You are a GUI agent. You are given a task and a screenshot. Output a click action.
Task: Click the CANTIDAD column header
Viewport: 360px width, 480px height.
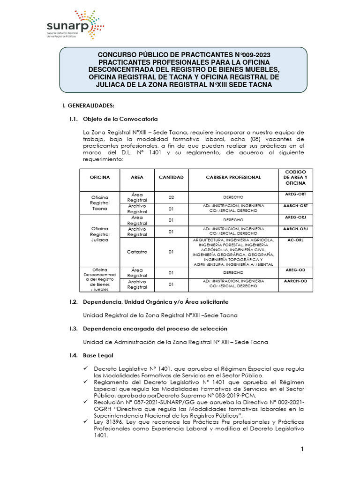(x=171, y=178)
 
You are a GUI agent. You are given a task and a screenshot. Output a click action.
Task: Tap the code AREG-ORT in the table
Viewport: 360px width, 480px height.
(x=296, y=194)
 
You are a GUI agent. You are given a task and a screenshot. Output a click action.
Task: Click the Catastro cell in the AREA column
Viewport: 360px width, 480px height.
(x=137, y=252)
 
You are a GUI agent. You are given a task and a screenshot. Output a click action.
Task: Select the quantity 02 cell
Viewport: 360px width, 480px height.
(x=171, y=197)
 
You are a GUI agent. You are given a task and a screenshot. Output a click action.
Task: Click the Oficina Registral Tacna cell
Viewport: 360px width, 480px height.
(x=100, y=203)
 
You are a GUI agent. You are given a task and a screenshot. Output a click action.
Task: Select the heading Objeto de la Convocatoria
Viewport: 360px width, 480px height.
(x=120, y=119)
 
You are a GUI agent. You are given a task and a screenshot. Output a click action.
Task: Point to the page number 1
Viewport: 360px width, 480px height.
(x=303, y=450)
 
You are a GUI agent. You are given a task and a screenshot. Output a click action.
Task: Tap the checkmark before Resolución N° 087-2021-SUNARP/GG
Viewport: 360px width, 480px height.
(x=85, y=402)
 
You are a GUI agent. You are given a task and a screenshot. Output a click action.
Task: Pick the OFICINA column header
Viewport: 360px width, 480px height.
(x=100, y=178)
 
